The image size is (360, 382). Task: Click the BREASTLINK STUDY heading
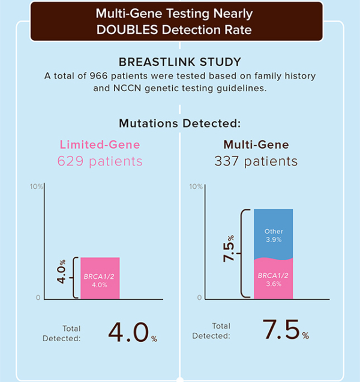179,63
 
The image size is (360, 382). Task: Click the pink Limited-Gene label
100,145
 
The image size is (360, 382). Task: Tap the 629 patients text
100,161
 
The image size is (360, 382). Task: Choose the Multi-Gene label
256,145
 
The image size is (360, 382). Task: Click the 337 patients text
256,161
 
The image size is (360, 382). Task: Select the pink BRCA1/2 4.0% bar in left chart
100,278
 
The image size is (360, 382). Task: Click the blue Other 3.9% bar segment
273,234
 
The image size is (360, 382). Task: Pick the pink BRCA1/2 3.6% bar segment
273,279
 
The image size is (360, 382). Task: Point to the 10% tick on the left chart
37,187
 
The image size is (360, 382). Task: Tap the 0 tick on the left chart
38,298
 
